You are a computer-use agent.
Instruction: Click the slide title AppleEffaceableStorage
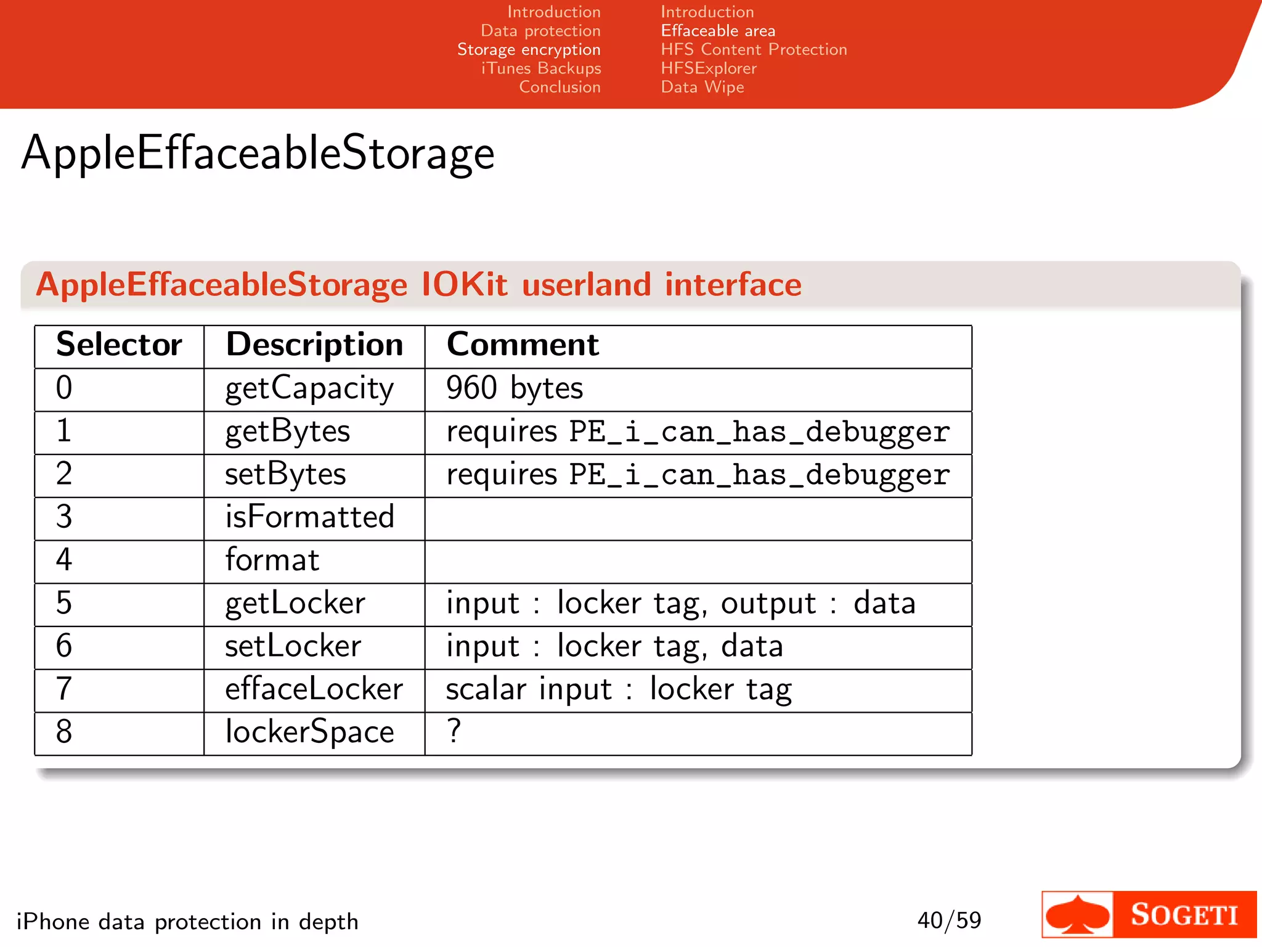coord(258,153)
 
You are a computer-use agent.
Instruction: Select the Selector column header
coord(119,345)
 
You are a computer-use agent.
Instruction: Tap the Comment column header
coord(523,345)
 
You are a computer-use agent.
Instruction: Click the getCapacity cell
coord(309,388)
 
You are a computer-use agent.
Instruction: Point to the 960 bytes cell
coord(515,388)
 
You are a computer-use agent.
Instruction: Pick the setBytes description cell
coord(285,475)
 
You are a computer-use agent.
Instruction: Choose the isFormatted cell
coord(309,517)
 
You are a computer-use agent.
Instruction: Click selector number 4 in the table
coord(64,560)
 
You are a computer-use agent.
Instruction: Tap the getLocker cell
coord(295,604)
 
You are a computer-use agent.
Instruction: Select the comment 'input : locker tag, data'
coord(614,647)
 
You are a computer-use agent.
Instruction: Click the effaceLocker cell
coord(314,689)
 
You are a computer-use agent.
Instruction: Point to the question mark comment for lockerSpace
coord(454,732)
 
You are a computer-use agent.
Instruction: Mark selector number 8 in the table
coord(64,732)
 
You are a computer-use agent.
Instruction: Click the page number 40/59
coord(949,920)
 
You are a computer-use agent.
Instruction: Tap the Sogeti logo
coord(1149,914)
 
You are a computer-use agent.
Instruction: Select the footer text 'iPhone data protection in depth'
coord(187,922)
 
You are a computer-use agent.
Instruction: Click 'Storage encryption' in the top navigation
coord(529,50)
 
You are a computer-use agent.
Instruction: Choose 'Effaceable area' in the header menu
coord(718,31)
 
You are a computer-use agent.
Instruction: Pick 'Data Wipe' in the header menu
coord(702,88)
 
